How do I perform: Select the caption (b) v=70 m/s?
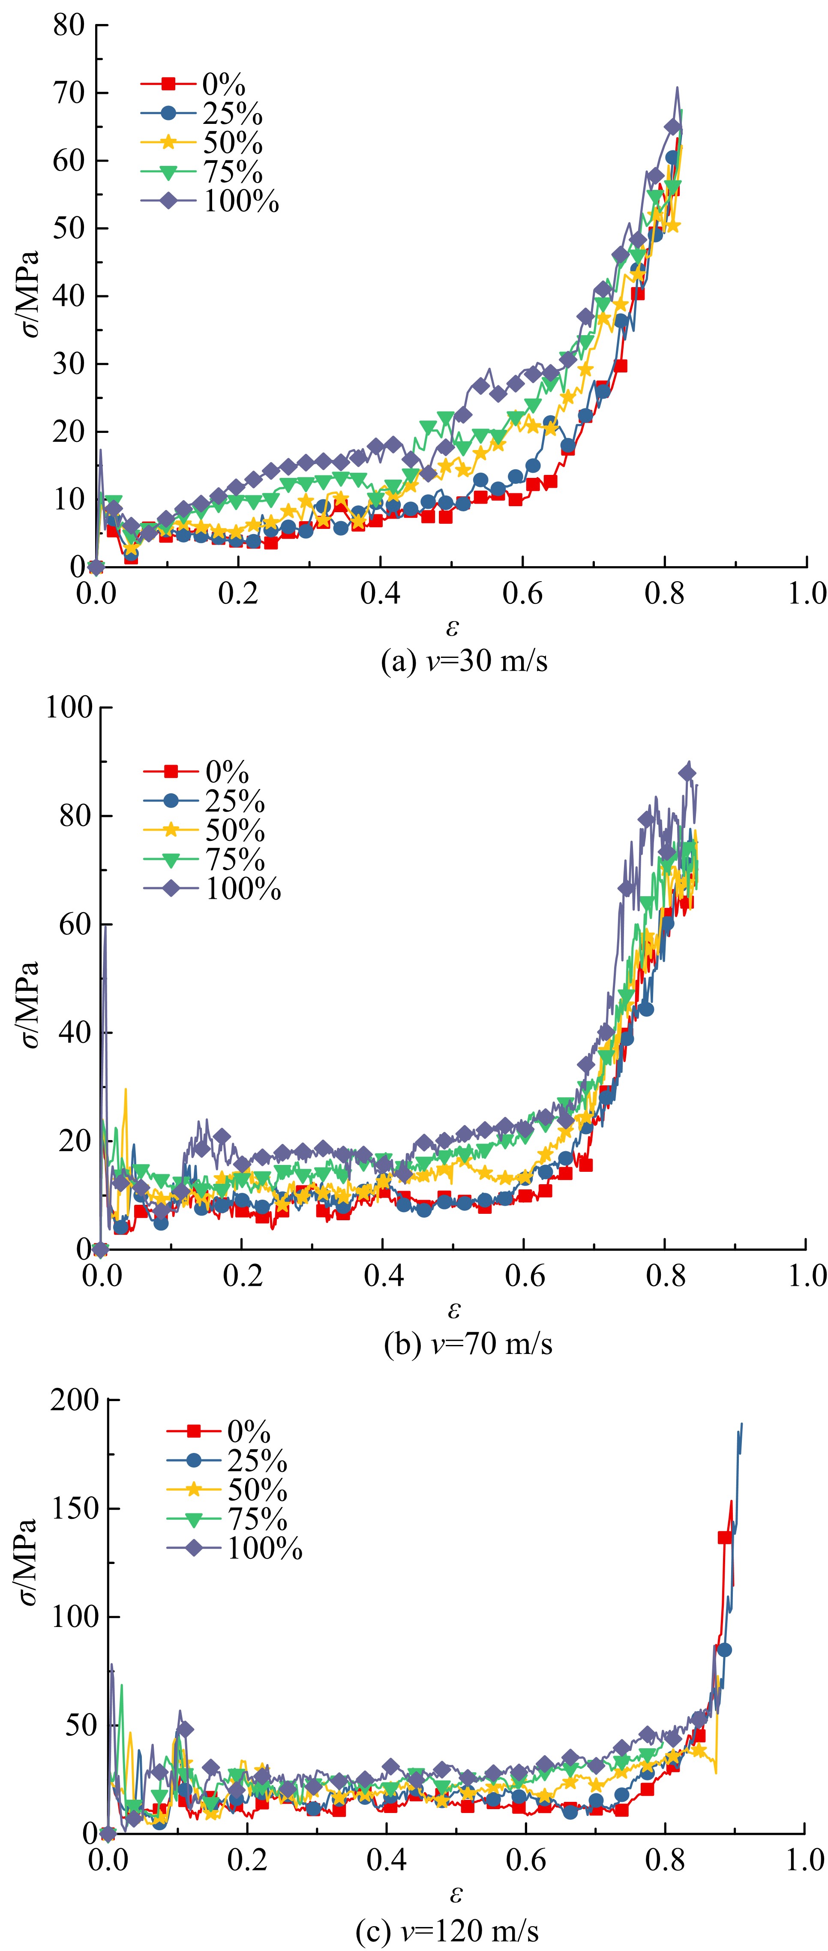[x=468, y=1344]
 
